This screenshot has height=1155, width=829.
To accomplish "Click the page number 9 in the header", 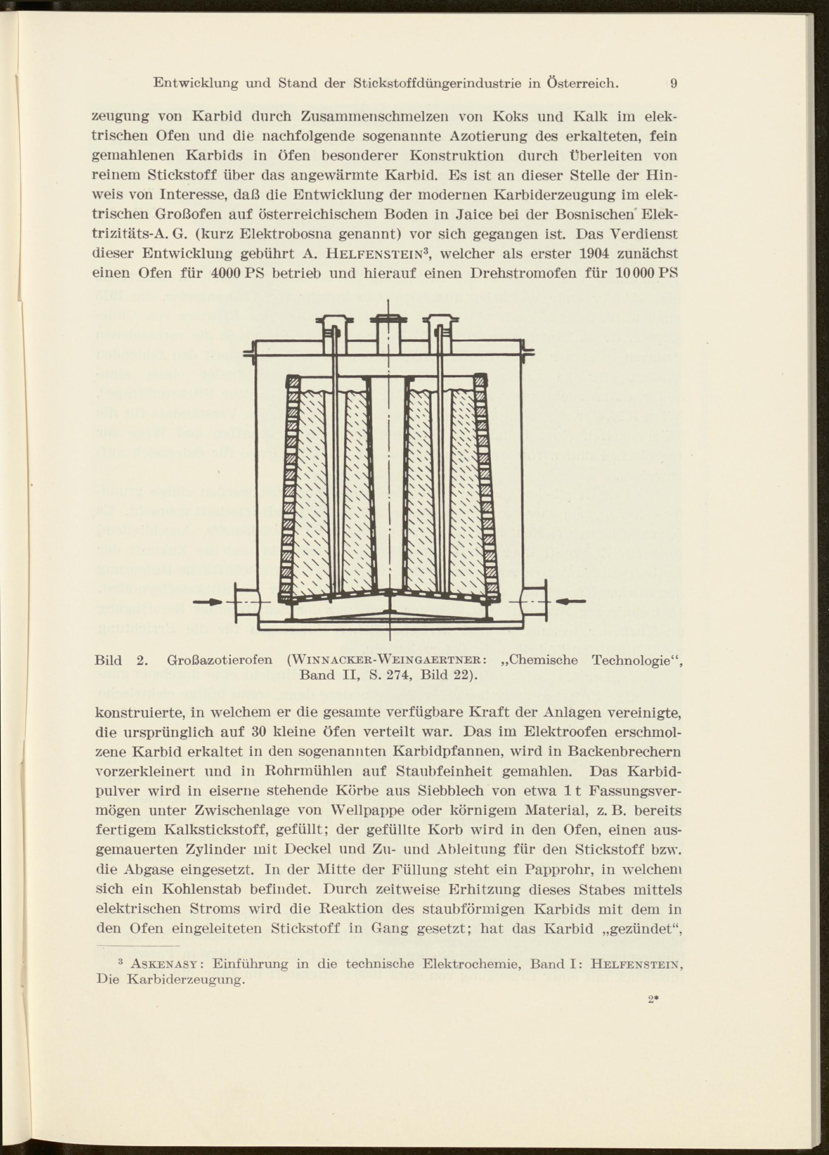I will point(673,83).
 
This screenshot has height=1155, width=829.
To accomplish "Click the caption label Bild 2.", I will point(121,661).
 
